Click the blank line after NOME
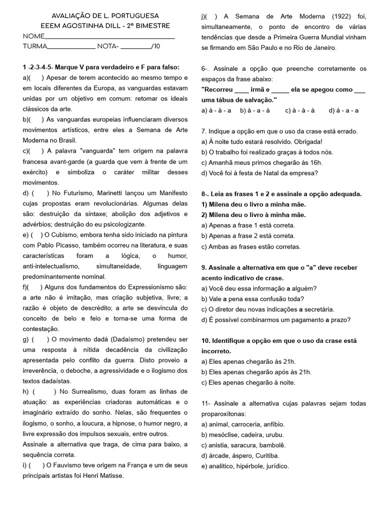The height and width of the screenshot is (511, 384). pyautogui.click(x=109, y=37)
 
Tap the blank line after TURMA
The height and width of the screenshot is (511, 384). pyautogui.click(x=71, y=47)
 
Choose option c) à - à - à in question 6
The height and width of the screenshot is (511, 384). pyautogui.click(x=299, y=110)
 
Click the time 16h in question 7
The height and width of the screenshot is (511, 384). pyautogui.click(x=314, y=163)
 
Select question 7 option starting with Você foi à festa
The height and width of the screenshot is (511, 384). pyautogui.click(x=259, y=173)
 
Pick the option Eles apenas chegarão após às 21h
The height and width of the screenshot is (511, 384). pyautogui.click(x=256, y=372)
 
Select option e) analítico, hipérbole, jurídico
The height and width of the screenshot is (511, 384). pyautogui.click(x=245, y=466)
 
